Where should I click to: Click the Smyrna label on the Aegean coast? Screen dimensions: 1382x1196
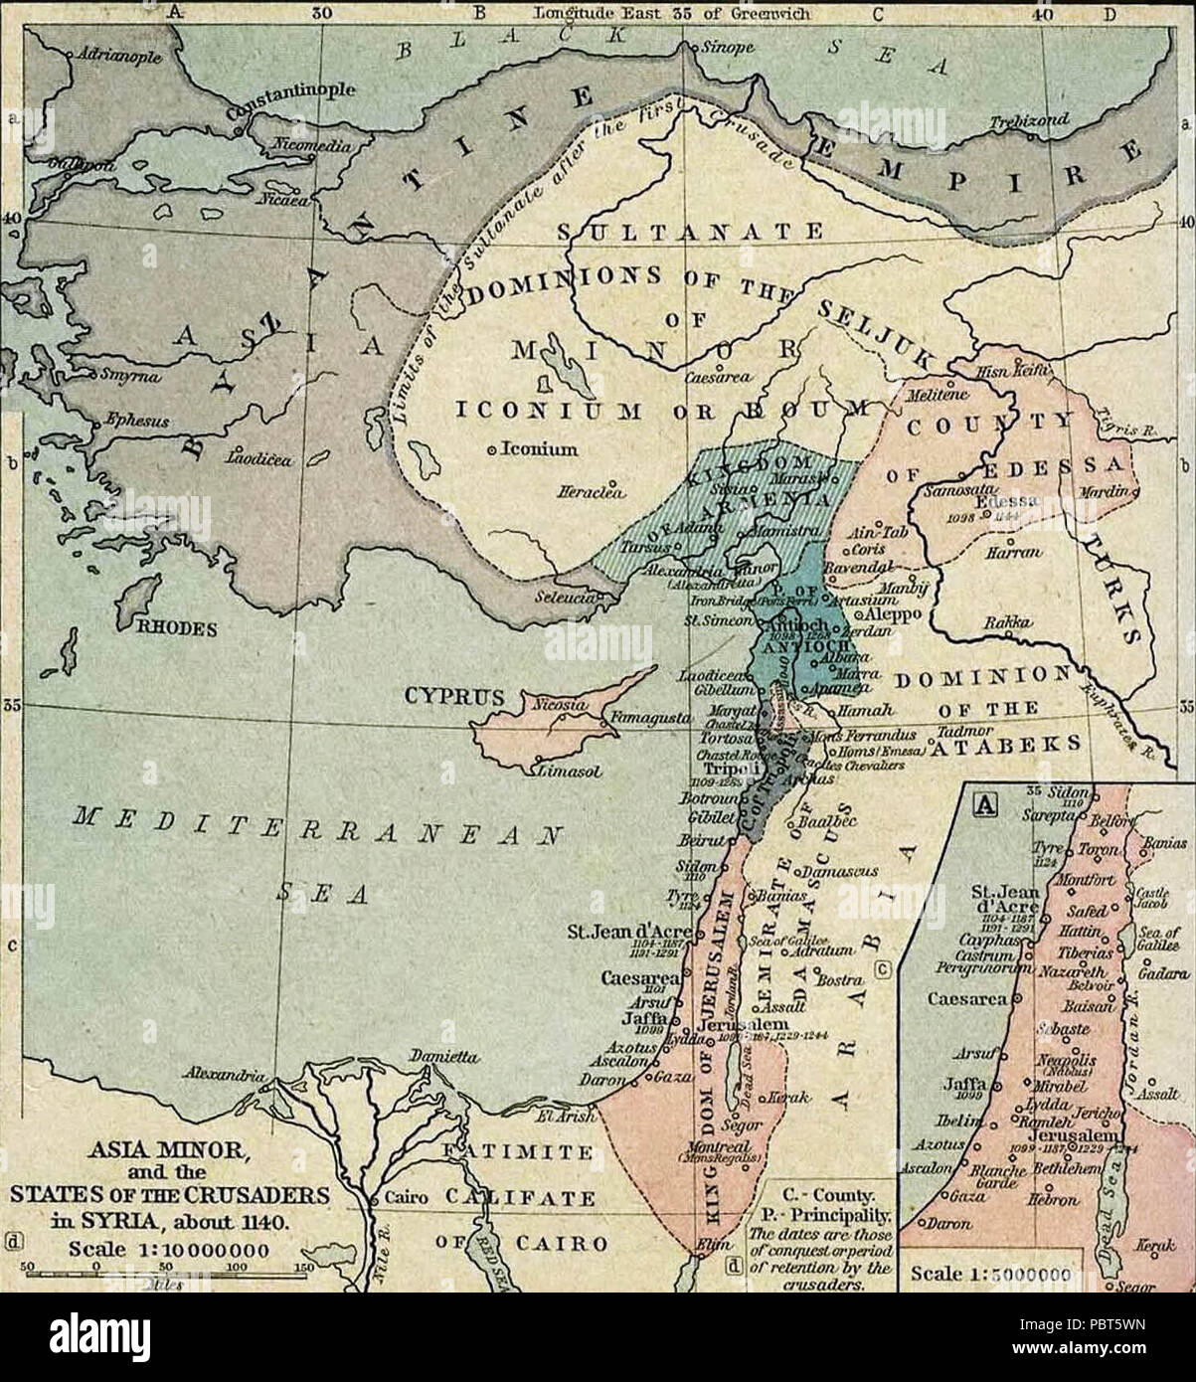125,377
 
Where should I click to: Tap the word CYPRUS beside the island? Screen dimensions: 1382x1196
447,695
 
